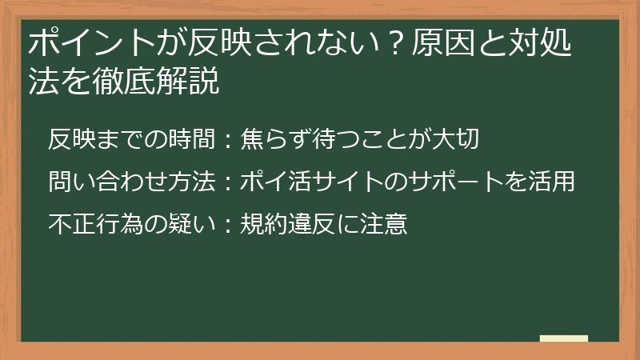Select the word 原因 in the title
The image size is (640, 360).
click(437, 44)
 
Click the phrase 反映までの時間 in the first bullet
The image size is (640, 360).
click(131, 140)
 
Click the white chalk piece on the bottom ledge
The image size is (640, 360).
click(564, 339)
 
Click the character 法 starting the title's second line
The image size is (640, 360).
click(41, 82)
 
